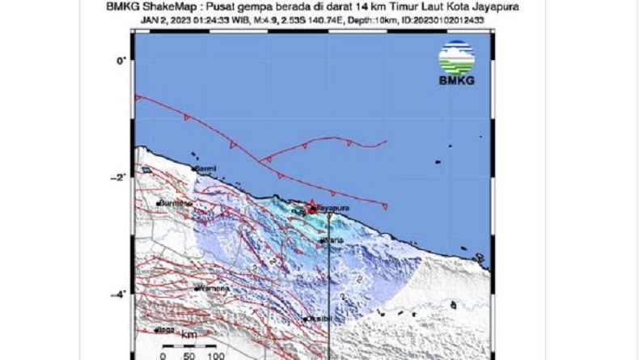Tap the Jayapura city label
click(332, 209)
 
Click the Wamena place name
click(214, 288)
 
